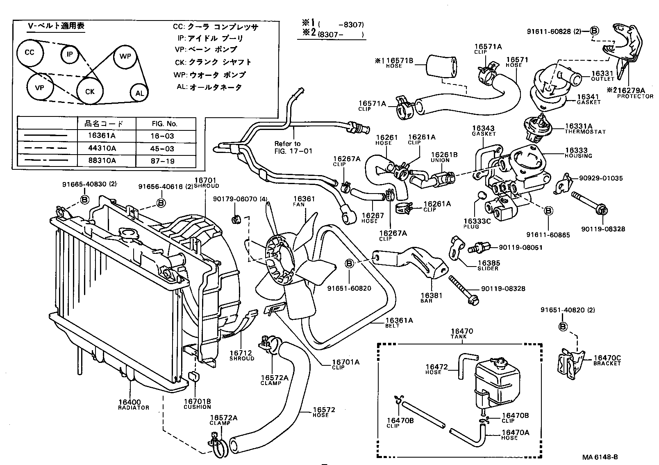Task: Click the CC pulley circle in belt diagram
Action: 29,52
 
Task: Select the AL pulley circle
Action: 140,93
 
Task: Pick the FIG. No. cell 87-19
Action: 163,161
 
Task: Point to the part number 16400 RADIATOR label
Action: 130,404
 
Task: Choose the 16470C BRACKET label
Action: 607,360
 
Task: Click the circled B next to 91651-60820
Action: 349,264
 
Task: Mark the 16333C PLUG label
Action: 477,223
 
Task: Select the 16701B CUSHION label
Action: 197,404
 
